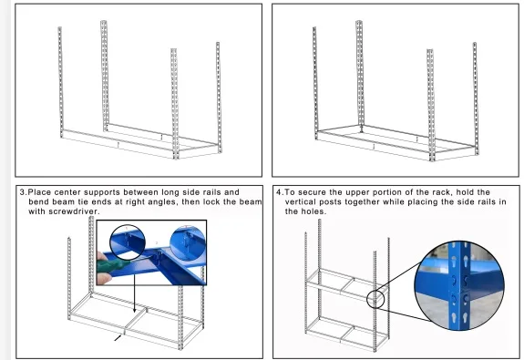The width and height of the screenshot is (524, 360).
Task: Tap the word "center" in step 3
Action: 67,192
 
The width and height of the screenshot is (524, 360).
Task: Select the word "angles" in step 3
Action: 161,202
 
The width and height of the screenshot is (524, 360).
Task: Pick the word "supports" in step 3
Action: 102,192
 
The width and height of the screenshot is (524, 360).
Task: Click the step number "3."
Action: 23,192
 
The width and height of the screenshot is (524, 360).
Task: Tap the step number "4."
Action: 280,192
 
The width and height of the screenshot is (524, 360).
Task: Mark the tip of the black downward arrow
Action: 135,313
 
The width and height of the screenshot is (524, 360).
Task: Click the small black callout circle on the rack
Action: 375,299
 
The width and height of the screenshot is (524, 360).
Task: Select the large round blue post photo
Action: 458,286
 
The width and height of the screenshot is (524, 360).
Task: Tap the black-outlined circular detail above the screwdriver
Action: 128,242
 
